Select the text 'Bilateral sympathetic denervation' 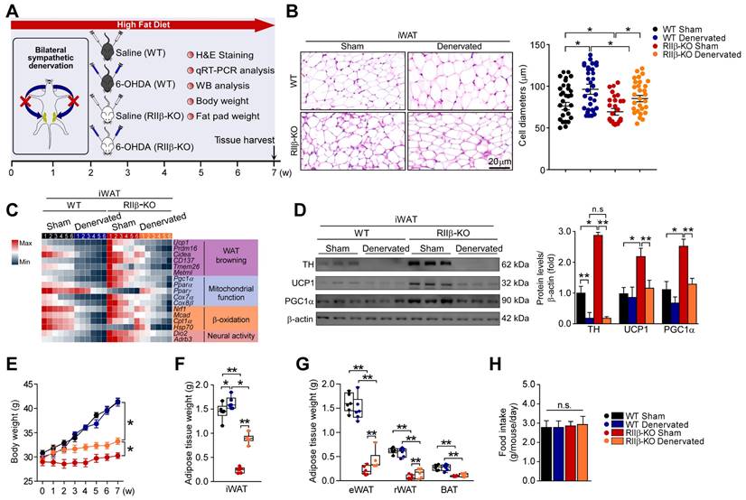click(x=50, y=58)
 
